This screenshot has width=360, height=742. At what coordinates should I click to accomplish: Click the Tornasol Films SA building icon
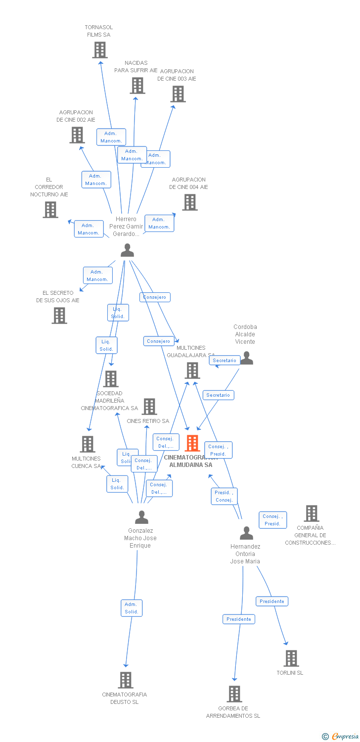point(100,50)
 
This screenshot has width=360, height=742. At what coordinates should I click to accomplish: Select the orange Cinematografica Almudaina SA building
point(192,443)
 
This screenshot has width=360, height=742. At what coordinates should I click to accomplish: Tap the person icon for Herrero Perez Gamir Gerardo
point(127,250)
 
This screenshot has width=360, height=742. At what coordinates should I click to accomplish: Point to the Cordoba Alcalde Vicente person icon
point(246,358)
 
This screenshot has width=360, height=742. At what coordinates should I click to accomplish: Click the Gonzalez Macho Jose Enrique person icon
point(141,517)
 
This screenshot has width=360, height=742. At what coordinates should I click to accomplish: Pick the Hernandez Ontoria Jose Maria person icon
point(246,533)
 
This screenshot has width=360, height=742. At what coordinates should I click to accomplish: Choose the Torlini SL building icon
point(291,658)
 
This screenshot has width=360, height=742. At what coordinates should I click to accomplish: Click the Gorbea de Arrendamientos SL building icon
point(234,694)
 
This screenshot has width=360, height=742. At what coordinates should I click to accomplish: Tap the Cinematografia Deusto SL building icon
point(126,680)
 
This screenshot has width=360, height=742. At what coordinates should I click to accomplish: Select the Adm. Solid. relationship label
point(132,608)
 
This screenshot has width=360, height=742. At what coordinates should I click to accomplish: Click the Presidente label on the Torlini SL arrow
point(272,602)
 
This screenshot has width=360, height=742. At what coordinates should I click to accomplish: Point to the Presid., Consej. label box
point(224,496)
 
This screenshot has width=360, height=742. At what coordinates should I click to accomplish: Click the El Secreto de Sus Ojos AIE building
point(59,315)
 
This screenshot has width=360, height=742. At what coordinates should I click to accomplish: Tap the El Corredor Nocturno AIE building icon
point(50,210)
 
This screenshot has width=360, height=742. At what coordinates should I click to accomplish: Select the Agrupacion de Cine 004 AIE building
point(190,202)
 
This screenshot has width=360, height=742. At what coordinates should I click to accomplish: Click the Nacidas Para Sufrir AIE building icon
point(137,86)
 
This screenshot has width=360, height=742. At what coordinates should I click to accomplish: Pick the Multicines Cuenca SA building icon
point(88,444)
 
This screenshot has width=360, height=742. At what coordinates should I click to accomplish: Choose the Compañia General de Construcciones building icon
point(312,513)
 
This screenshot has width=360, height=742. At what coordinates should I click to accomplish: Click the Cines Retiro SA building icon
point(149,407)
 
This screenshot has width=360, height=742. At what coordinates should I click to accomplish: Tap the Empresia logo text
point(346,736)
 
